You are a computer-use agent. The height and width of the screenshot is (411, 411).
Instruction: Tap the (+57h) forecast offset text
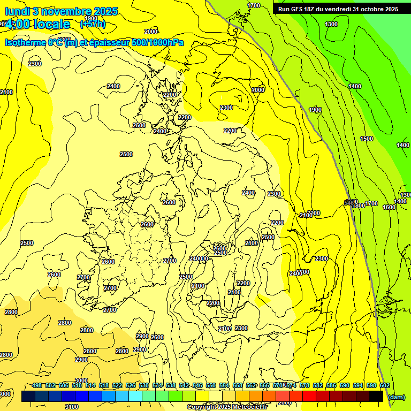coord(92,24)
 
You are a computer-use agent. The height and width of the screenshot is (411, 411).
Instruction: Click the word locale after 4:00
coord(50,24)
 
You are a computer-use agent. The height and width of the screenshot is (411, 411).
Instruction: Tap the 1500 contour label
coord(367,139)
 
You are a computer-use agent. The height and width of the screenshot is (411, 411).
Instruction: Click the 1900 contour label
coord(315,110)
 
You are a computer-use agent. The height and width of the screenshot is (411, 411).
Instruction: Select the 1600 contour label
coord(389,207)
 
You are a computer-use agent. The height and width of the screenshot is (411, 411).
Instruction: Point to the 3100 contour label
coord(72,407)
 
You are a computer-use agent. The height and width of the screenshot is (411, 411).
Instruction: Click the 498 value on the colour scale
coord(37,385)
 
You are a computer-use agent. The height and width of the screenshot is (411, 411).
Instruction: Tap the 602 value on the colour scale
coord(384,385)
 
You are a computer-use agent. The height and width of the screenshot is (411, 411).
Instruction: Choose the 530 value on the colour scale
coord(144,385)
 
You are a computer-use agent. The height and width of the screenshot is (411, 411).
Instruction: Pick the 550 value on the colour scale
coord(211,385)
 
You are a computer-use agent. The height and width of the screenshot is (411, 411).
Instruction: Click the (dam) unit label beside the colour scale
coord(397,397)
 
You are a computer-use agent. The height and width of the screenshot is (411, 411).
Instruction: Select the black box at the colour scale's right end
coord(376,396)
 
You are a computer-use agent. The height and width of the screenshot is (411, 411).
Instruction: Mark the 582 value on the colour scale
coord(318,385)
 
